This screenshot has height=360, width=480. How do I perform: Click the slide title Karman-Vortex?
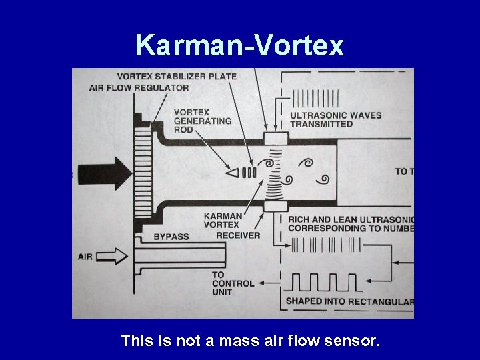[x=239, y=45]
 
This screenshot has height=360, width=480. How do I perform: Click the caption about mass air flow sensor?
[x=251, y=341]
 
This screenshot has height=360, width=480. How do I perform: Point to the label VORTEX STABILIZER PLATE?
[x=177, y=76]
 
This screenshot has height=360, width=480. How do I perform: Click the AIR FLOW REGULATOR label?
[x=139, y=87]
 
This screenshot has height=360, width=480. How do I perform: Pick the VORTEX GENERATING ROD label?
[x=202, y=121]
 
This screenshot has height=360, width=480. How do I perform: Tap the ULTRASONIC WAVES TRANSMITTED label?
[x=335, y=119]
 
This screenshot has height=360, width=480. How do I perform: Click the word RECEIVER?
[x=238, y=235]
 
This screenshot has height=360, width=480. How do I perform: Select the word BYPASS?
[x=171, y=237]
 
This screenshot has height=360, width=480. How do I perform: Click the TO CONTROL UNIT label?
[x=233, y=283]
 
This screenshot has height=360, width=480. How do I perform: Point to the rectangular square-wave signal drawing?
[x=323, y=283]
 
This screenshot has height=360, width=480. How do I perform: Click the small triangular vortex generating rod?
[x=233, y=173]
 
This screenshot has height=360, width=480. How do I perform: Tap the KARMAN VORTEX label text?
[x=223, y=221]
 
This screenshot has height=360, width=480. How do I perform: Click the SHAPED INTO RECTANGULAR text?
[x=349, y=301]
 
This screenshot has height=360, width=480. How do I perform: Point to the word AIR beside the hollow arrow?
[x=85, y=256]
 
